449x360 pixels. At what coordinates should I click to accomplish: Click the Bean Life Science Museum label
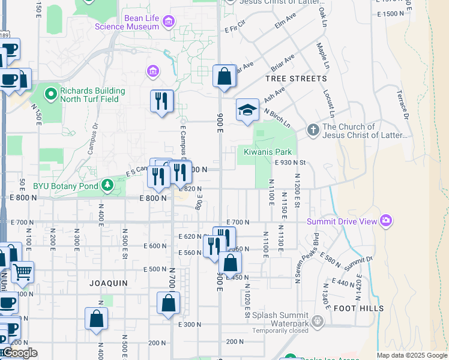point(142,22)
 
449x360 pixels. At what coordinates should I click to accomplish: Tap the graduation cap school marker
point(247,110)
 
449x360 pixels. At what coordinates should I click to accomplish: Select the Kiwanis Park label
point(267,152)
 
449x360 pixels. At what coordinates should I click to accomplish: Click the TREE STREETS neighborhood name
point(296,79)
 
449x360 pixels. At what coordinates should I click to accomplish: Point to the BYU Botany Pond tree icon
point(107,185)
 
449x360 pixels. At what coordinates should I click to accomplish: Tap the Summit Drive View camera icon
point(386,221)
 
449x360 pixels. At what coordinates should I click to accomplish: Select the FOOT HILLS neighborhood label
point(358,308)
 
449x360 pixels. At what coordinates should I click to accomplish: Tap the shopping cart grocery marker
point(22,272)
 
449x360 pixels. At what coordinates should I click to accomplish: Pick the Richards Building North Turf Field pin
point(52,94)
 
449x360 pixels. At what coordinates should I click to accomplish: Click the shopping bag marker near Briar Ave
point(224,77)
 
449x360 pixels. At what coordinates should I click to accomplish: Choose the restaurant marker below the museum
point(161,101)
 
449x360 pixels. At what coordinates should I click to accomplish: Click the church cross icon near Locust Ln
point(313,129)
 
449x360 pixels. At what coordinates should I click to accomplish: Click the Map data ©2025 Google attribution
point(411,355)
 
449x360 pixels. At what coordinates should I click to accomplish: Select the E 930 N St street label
point(291,163)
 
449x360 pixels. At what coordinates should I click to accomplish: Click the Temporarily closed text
point(280,331)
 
